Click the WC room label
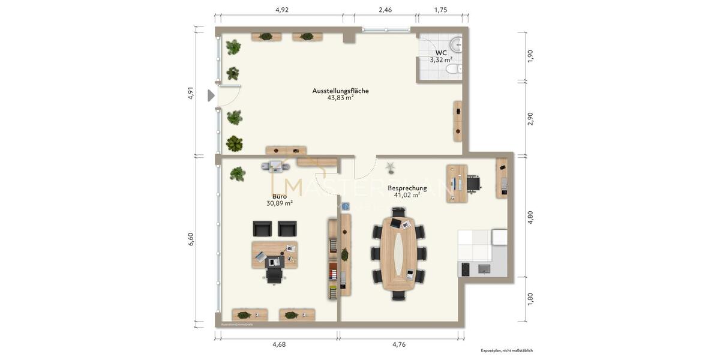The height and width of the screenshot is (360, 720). [x=441, y=53]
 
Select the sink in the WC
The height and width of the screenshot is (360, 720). [x=457, y=43]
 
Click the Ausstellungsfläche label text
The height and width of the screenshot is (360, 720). [x=340, y=91]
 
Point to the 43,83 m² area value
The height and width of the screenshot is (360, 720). [x=340, y=98]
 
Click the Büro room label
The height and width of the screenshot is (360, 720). [x=279, y=196]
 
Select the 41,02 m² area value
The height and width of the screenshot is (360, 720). [x=407, y=195]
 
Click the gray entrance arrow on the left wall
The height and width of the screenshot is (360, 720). [x=211, y=95]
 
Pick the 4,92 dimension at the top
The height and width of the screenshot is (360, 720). [x=282, y=10]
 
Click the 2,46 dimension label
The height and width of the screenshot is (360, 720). [x=385, y=10]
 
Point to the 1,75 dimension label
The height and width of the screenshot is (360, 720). [x=441, y=10]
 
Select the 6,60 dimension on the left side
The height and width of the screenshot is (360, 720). [x=191, y=239]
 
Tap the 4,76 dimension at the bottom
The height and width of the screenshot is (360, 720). [x=399, y=344]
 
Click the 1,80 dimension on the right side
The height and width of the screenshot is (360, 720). [x=530, y=299]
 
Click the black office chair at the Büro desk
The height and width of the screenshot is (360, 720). [x=274, y=274]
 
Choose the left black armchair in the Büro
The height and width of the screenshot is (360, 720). [x=262, y=229]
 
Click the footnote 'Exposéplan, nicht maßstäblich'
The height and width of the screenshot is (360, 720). [x=506, y=350]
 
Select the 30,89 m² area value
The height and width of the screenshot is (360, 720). [x=279, y=203]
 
